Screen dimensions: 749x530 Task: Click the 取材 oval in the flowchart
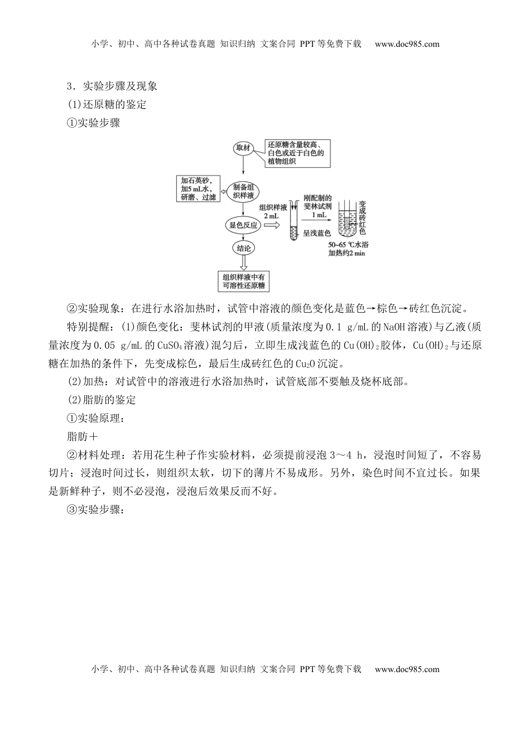pyautogui.click(x=243, y=148)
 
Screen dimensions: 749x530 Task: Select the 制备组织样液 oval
pyautogui.click(x=243, y=191)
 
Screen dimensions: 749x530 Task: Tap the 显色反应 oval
pyautogui.click(x=243, y=225)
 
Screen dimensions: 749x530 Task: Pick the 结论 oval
pyautogui.click(x=243, y=248)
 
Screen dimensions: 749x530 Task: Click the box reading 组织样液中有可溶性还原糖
pyautogui.click(x=243, y=281)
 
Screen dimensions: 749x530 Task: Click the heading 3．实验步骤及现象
pyautogui.click(x=112, y=86)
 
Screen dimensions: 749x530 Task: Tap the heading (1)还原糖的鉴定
pyautogui.click(x=106, y=105)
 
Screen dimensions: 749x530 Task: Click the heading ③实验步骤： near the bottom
pyautogui.click(x=94, y=510)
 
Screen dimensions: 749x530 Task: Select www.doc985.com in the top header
pyautogui.click(x=407, y=45)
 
